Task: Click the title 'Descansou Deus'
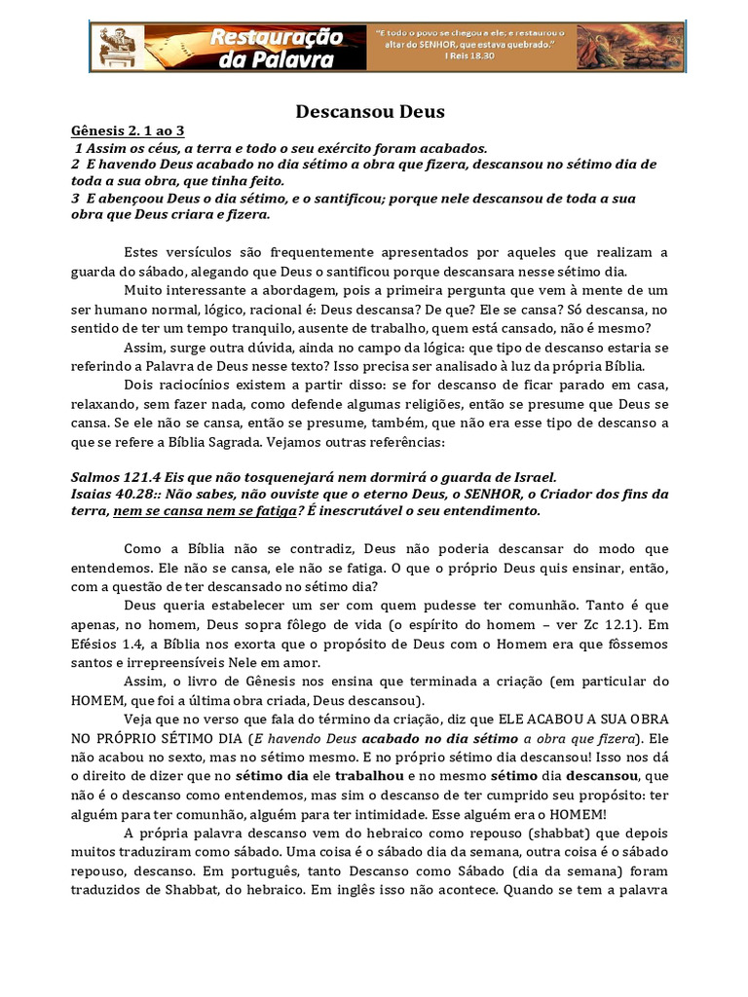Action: (x=370, y=112)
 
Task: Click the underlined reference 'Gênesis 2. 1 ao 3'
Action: (x=128, y=131)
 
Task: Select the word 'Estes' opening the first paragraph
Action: (x=144, y=253)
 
